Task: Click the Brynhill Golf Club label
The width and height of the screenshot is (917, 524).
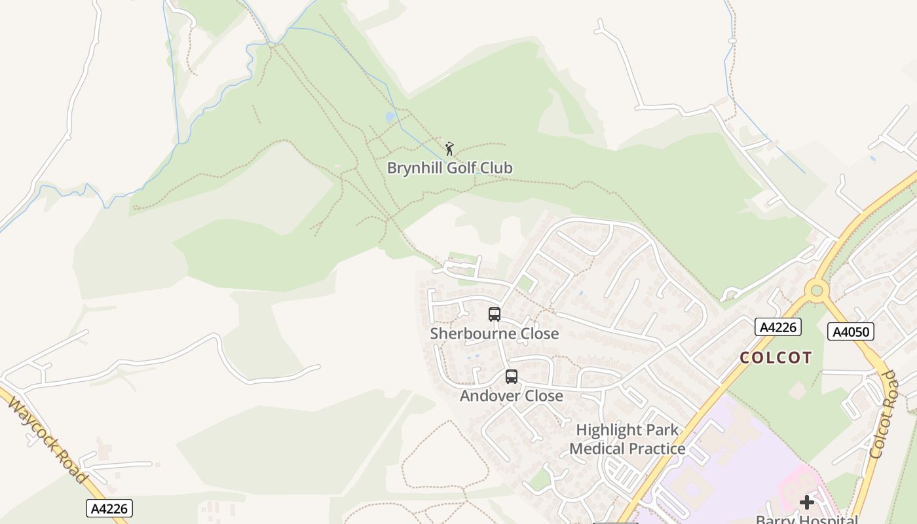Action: point(449,168)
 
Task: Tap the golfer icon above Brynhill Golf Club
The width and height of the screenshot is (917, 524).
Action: point(449,149)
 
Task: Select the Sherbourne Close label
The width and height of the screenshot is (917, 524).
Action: point(495,333)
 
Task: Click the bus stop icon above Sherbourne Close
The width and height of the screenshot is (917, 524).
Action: point(495,314)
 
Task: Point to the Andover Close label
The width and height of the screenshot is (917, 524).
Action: point(511,396)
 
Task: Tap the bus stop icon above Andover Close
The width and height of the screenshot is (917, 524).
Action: point(512,377)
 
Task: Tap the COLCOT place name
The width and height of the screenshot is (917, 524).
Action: point(776,358)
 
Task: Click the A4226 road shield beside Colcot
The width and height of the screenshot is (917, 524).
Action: point(777,327)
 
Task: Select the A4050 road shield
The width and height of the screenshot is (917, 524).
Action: point(851,332)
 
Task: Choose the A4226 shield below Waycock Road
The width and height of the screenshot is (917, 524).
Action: point(109,508)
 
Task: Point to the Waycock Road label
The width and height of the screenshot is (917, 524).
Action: point(47,438)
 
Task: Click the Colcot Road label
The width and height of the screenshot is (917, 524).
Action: point(882,414)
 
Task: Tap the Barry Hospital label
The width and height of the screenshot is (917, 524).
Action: point(806,519)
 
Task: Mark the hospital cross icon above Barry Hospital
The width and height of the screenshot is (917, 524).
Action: point(807,502)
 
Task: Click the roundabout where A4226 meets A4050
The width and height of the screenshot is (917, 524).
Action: point(817,290)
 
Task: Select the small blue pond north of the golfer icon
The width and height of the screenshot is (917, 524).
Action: point(390,117)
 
